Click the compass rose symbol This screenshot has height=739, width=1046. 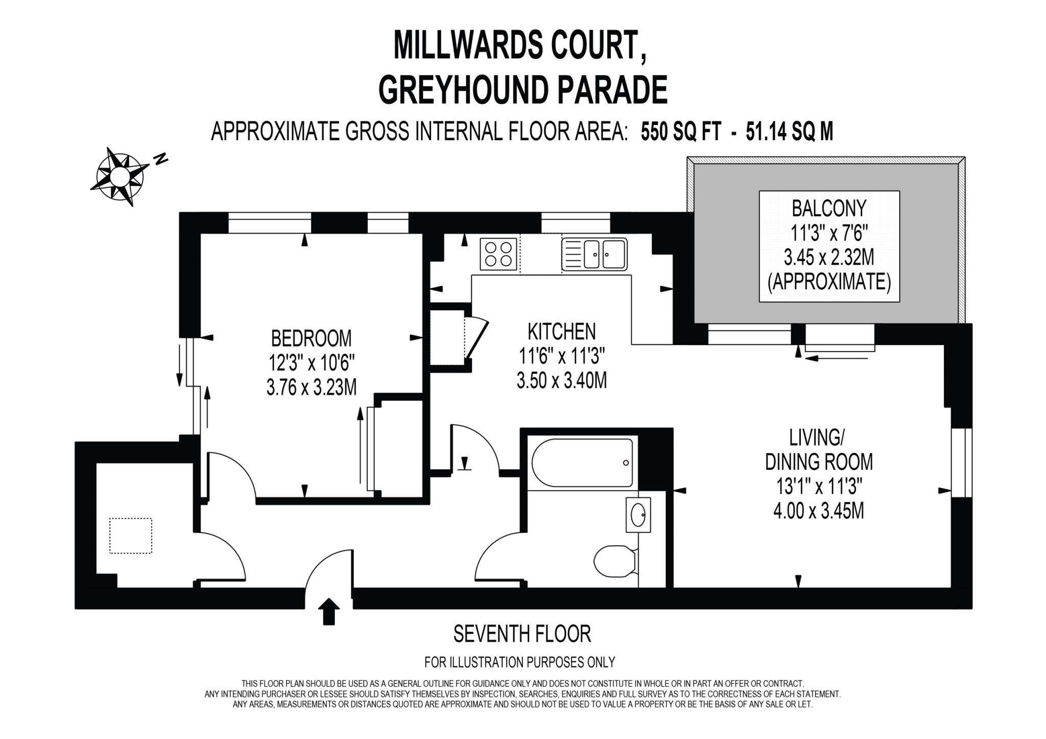(120, 176)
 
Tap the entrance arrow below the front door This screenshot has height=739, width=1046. (329, 611)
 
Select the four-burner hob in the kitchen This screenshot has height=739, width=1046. (498, 254)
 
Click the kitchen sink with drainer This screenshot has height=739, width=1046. (594, 254)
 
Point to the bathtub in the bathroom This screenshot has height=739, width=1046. (582, 463)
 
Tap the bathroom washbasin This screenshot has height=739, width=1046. (638, 515)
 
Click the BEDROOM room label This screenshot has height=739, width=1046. (311, 338)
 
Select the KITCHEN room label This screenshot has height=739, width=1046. (561, 332)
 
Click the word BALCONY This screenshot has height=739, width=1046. (829, 208)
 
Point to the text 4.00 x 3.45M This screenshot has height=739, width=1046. (819, 511)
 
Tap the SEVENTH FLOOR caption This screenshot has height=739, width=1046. (522, 634)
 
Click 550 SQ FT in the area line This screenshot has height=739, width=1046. (681, 132)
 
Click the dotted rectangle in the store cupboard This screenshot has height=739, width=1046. (131, 536)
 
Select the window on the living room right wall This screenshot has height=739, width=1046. (961, 463)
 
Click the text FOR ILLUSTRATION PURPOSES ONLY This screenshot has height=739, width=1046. (519, 662)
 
